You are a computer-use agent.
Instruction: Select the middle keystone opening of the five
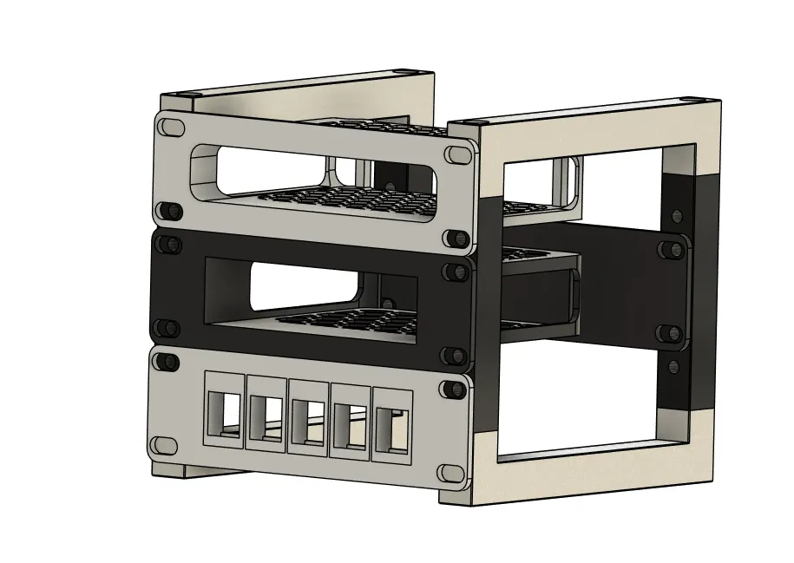(x=308, y=418)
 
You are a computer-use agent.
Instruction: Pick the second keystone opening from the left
(x=266, y=416)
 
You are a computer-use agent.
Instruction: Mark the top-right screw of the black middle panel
(x=452, y=272)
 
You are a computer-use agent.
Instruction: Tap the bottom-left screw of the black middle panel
(x=165, y=328)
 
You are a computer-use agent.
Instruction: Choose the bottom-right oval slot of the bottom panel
(x=449, y=473)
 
